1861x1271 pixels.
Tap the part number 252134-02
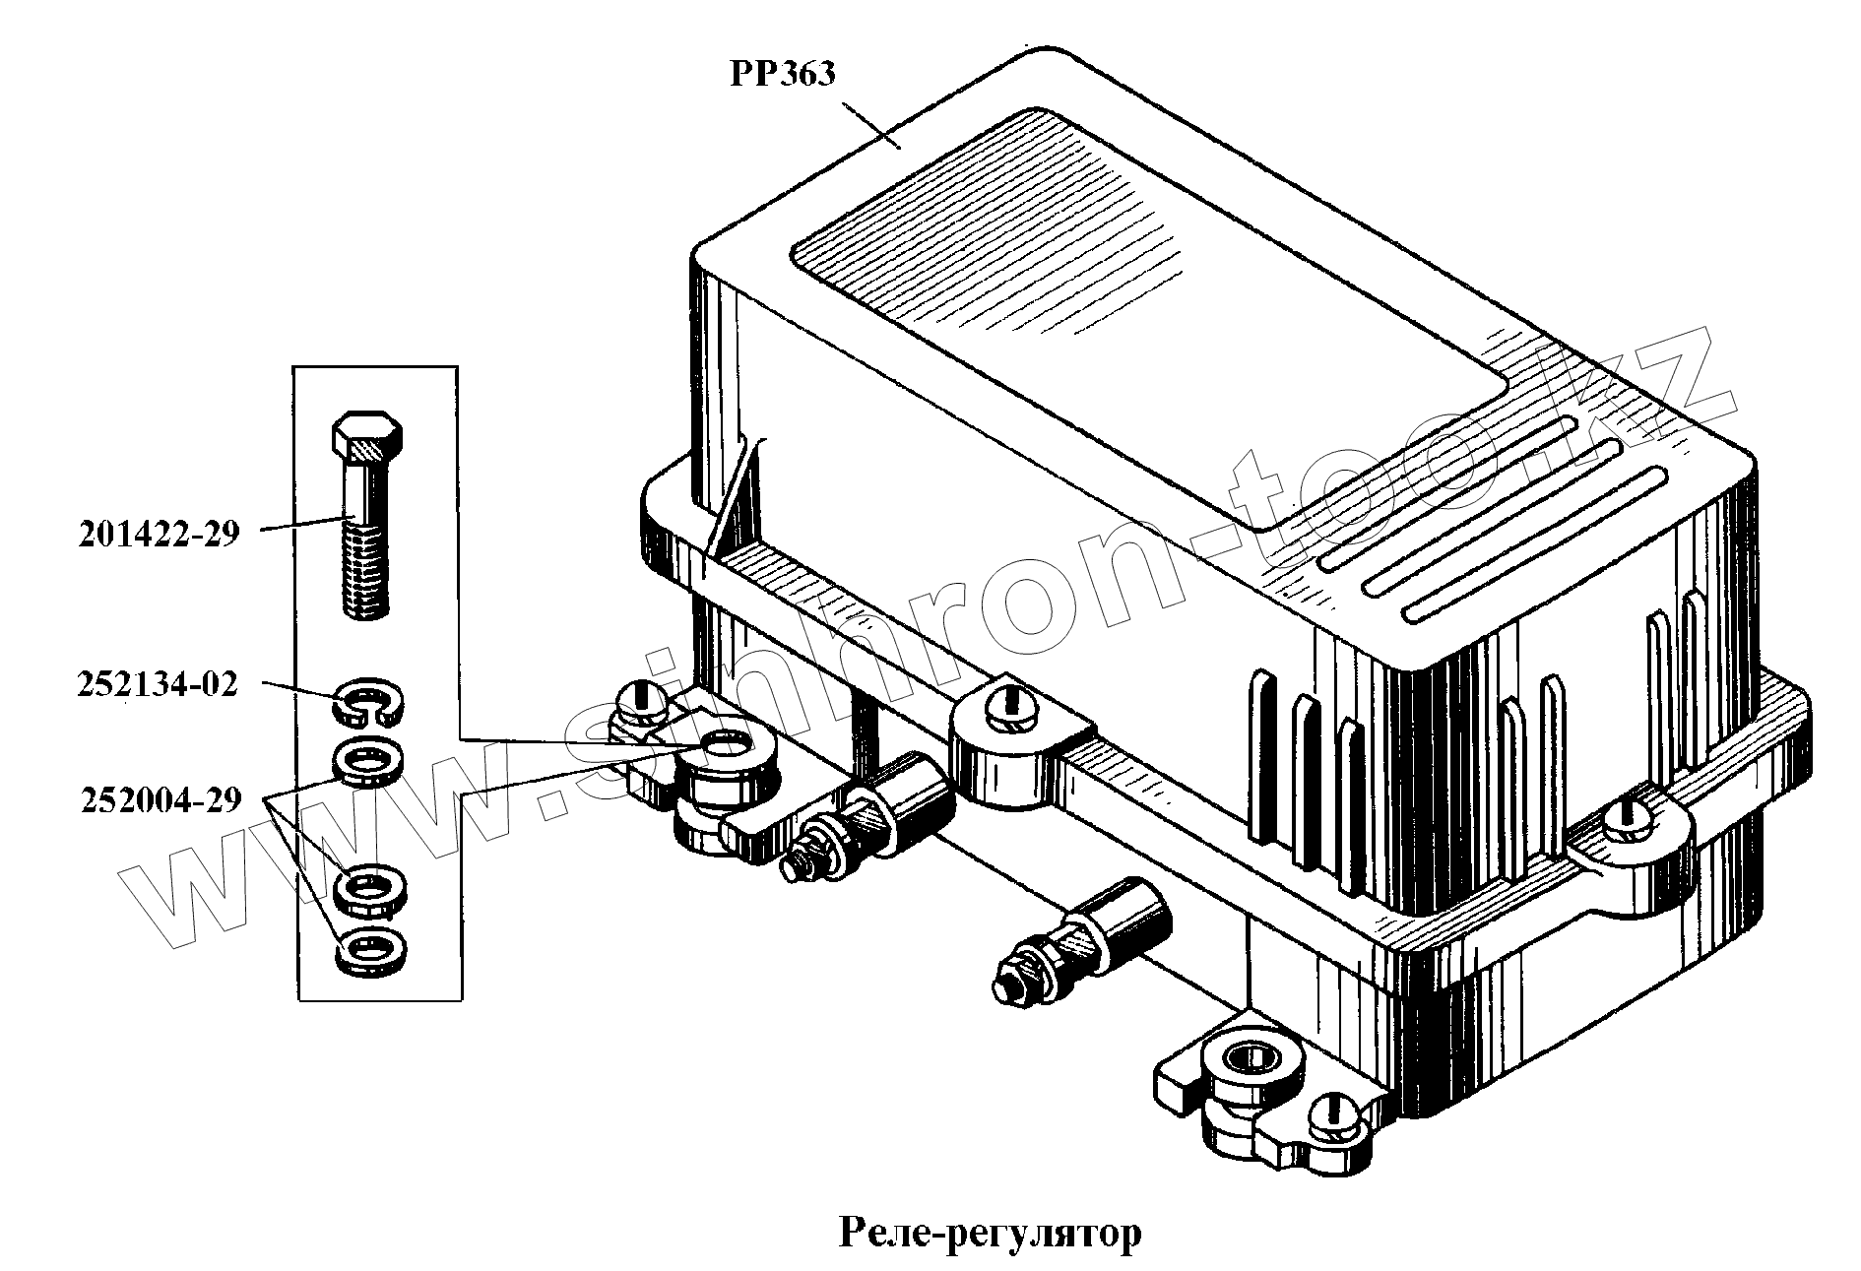click(158, 685)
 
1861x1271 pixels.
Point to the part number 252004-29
click(160, 799)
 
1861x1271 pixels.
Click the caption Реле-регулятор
click(991, 1232)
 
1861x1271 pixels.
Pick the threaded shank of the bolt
click(365, 571)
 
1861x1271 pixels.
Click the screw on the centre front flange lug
click(1003, 701)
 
